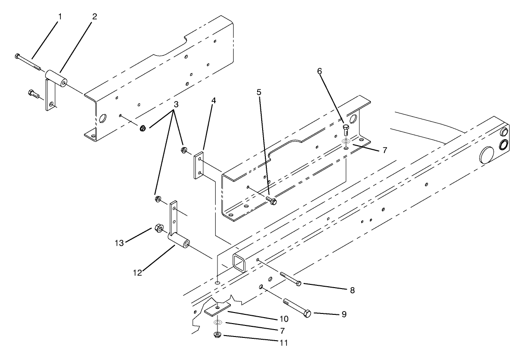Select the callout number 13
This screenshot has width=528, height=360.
[120, 243]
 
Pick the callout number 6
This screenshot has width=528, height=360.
[319, 71]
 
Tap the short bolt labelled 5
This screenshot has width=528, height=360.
[271, 200]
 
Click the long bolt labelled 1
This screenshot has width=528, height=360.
[28, 63]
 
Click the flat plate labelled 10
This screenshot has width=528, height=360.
[217, 309]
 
